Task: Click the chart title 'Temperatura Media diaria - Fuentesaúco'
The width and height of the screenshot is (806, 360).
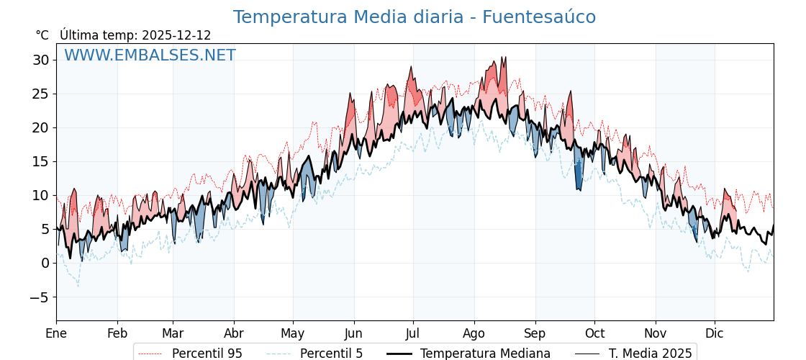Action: click(415, 17)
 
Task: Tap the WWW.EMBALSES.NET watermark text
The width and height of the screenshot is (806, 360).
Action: click(150, 55)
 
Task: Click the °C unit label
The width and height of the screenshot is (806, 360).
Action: click(42, 35)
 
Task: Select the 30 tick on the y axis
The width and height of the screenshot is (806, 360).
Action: click(40, 60)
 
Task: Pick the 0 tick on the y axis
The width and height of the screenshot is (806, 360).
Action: click(45, 263)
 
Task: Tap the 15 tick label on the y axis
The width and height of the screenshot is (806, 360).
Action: click(40, 161)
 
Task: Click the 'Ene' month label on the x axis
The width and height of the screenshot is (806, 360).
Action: click(56, 333)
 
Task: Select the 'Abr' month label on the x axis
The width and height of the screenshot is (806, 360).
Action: click(234, 333)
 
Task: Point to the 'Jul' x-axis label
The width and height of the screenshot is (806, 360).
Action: click(413, 333)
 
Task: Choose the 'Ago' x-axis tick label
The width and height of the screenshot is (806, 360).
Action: click(474, 333)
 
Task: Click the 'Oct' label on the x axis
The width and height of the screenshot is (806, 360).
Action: click(594, 333)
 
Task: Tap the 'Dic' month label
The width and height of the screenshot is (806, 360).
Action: click(715, 333)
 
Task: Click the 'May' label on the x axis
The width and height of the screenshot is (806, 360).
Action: click(293, 333)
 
